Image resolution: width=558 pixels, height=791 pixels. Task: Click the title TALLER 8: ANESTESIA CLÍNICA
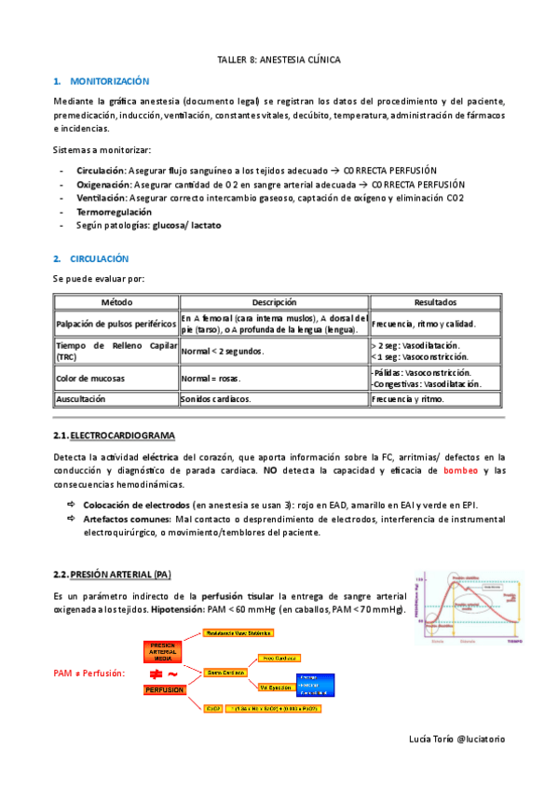tap(279, 60)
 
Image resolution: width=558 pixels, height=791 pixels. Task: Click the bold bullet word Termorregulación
tap(115, 212)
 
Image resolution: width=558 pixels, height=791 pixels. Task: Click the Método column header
tap(116, 302)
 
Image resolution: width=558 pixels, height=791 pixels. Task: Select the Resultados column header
tap(436, 302)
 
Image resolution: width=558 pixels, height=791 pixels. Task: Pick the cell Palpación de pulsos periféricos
tap(116, 324)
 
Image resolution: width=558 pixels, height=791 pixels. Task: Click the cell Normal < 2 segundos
tap(223, 352)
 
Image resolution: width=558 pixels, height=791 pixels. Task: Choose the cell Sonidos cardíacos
tap(216, 398)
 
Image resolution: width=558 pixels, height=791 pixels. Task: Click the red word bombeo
tap(460, 470)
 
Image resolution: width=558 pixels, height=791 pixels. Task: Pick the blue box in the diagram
tap(314, 685)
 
